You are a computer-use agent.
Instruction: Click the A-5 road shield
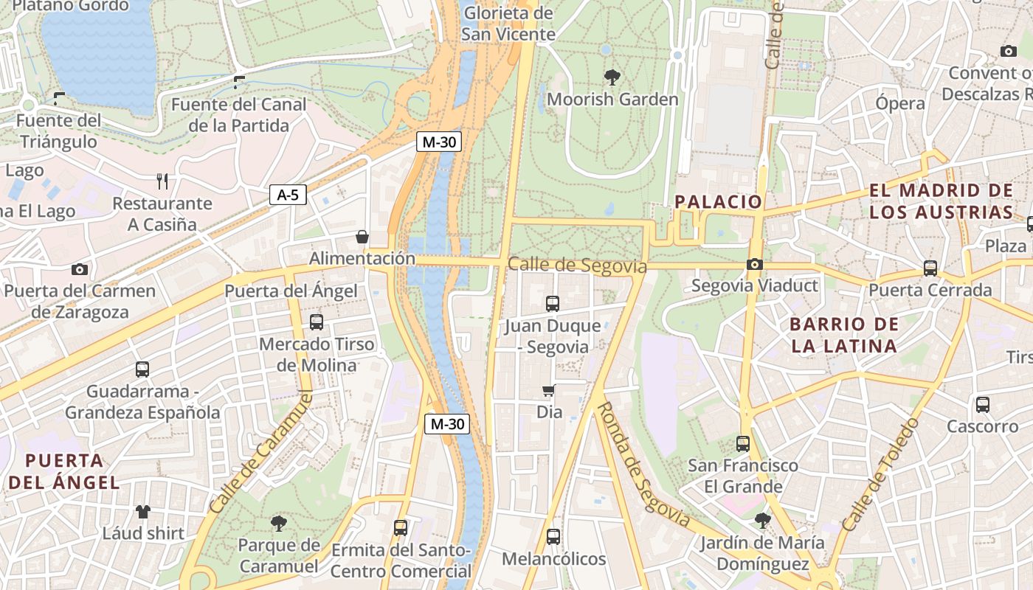(288, 195)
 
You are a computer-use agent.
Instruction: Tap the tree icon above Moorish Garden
(612, 76)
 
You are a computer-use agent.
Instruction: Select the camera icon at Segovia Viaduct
(754, 264)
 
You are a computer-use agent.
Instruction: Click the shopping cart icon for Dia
(548, 390)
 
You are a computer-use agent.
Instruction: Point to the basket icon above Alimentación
(362, 237)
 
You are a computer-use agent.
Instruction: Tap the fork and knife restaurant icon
(162, 181)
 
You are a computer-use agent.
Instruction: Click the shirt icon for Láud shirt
(142, 511)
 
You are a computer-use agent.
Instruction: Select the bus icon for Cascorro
(982, 404)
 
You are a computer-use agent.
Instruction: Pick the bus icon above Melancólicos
(553, 537)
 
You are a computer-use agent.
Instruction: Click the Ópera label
(900, 103)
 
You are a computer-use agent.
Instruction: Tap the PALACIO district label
(718, 201)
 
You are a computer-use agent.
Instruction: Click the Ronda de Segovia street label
(642, 465)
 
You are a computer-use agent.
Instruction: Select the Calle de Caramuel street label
(260, 453)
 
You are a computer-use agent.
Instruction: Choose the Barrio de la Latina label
(844, 335)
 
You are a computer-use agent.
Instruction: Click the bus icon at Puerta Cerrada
(930, 268)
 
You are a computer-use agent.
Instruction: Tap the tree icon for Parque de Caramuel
(279, 524)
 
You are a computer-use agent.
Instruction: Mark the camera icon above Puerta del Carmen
(80, 270)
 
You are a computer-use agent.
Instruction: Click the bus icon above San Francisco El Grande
(742, 444)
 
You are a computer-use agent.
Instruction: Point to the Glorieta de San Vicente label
(508, 24)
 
